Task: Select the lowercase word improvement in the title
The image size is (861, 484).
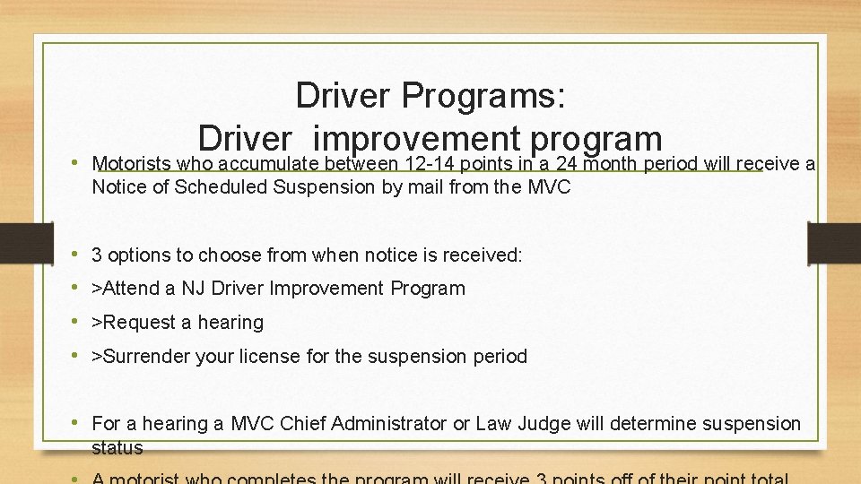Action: tap(420, 139)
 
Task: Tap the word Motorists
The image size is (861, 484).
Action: tap(133, 164)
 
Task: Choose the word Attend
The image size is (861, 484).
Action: tap(131, 289)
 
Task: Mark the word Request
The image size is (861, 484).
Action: tap(139, 323)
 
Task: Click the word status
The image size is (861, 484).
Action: tap(117, 446)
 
